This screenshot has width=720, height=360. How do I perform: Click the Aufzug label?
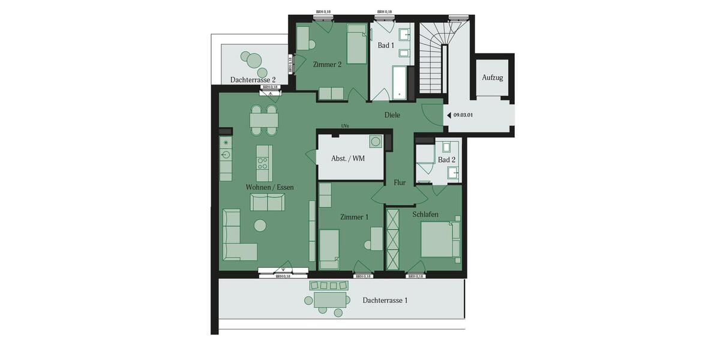(492, 78)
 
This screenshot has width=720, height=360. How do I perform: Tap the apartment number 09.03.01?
(464, 115)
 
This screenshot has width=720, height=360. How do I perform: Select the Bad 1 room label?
(386, 46)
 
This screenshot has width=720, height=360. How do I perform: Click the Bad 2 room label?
(446, 160)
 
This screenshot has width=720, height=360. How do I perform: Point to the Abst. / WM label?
(348, 159)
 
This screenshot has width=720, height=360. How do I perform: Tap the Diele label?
(392, 115)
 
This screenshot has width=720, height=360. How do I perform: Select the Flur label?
(400, 182)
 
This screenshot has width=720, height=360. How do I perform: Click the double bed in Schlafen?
(439, 239)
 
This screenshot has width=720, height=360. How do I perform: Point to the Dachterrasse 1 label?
(385, 300)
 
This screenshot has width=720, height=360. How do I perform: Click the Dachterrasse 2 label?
(253, 80)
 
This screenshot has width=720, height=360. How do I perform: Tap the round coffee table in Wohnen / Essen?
(260, 226)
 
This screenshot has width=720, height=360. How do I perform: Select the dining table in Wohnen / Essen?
(264, 120)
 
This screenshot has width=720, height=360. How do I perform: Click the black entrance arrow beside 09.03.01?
(448, 115)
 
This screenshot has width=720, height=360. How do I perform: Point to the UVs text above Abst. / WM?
(344, 126)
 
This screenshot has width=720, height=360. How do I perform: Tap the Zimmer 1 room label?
(354, 217)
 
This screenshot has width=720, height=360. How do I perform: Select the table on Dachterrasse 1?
(330, 299)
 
